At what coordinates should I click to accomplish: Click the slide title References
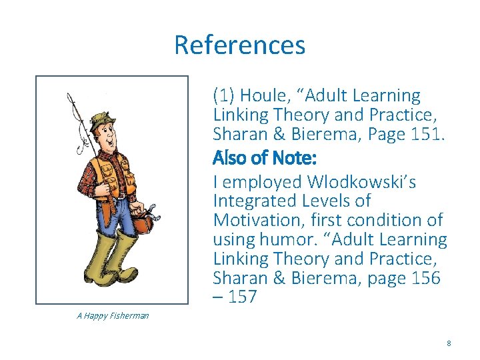[x=239, y=45]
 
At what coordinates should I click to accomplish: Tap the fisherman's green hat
[x=102, y=121]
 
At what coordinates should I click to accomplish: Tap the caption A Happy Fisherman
[x=113, y=315]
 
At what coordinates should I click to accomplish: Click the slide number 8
[x=449, y=343]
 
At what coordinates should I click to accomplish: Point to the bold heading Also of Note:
[x=264, y=159]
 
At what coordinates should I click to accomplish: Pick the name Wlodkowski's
[x=361, y=182]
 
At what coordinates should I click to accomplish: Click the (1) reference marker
[x=224, y=97]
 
